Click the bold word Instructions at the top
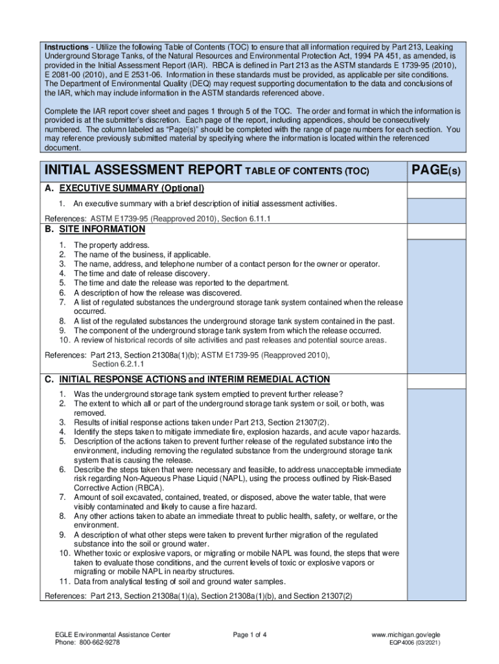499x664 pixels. [65, 48]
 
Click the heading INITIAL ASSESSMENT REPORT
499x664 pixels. [142, 171]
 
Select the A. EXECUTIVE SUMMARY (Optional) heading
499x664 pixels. [124, 189]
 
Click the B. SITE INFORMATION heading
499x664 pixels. [95, 230]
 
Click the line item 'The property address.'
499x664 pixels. [111, 245]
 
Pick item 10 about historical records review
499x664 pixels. [229, 340]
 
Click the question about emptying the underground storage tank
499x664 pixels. [208, 394]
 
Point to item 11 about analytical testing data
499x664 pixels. [180, 581]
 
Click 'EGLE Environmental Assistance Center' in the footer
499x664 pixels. [113, 634]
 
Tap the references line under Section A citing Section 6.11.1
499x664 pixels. [157, 219]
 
